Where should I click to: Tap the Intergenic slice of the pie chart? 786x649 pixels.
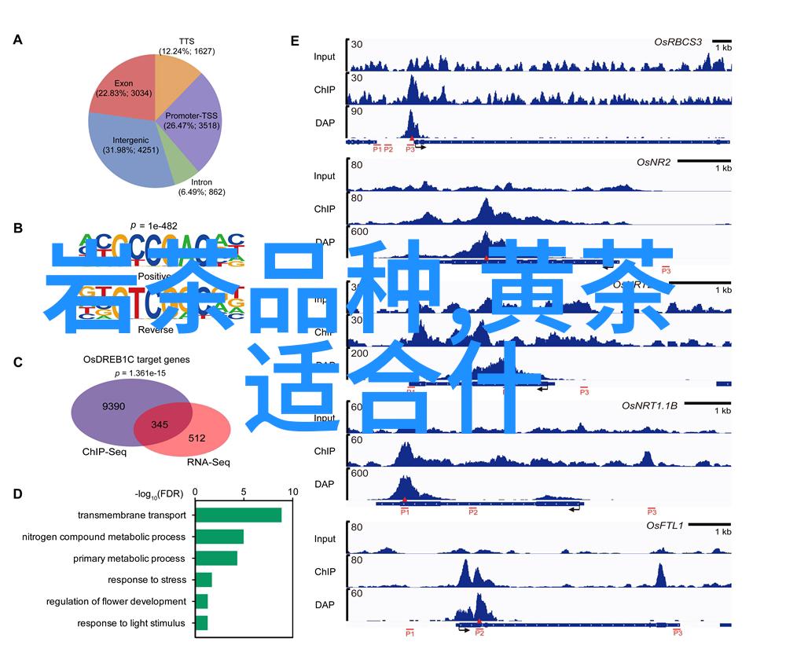(x=126, y=149)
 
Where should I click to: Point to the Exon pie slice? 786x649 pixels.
(x=123, y=87)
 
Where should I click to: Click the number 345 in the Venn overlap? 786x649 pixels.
(x=160, y=424)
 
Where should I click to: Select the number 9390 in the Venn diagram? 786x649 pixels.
(x=113, y=406)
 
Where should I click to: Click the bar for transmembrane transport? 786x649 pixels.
(x=238, y=515)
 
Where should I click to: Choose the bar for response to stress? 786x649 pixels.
(x=204, y=580)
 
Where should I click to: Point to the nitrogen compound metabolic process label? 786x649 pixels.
(x=104, y=537)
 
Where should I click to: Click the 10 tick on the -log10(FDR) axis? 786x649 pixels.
(x=293, y=493)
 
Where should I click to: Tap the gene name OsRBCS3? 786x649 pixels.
(x=678, y=41)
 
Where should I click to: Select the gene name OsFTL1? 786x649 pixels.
(x=665, y=525)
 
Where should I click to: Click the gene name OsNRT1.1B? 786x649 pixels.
(x=649, y=405)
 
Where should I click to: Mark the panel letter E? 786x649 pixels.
(x=295, y=40)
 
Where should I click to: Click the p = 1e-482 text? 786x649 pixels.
(x=153, y=225)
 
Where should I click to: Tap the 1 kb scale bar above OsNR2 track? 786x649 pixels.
(x=704, y=160)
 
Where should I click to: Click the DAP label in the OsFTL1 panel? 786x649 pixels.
(x=325, y=604)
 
